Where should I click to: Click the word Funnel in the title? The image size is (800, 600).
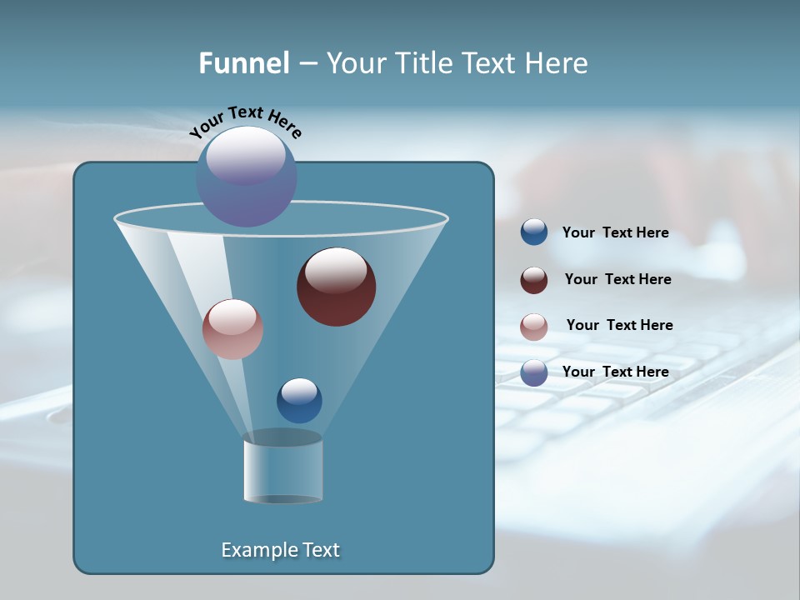243,63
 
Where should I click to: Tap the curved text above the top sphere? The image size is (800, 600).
246,122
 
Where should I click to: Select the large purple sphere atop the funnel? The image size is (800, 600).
247,177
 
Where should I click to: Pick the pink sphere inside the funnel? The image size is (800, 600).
232,329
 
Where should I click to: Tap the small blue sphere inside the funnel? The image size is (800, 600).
299,401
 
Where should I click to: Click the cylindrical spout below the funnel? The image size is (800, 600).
283,471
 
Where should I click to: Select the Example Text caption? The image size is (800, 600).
281,550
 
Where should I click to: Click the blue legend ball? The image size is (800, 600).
534,232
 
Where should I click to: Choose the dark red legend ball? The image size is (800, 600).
534,280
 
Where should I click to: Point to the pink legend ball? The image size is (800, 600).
534,327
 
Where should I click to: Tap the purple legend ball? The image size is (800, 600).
534,372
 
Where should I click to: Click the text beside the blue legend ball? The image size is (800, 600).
615,233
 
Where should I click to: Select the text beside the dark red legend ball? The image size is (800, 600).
617,280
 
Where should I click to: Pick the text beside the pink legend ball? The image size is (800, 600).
619,326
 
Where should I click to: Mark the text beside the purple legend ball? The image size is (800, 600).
615,372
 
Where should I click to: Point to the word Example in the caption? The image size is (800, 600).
257,550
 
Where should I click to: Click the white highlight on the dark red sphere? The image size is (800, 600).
337,271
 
